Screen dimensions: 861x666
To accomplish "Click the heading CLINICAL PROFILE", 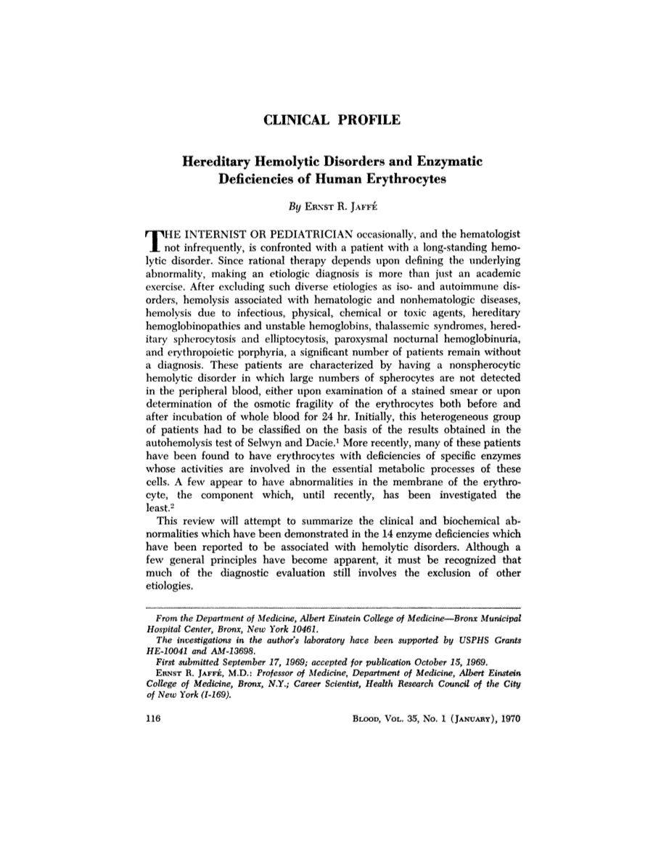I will point(333,120).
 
